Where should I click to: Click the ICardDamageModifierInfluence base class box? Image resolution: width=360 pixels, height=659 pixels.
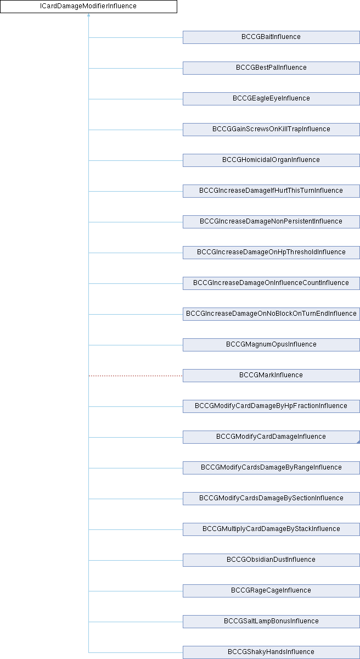pyautogui.click(x=88, y=7)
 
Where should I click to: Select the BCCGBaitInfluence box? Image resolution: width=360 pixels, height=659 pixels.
pyautogui.click(x=271, y=37)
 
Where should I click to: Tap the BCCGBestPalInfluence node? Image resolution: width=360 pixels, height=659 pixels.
pyautogui.click(x=271, y=68)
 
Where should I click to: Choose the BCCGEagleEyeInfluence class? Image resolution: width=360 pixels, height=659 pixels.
pyautogui.click(x=271, y=99)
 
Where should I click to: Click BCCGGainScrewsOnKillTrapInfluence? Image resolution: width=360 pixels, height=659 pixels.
pyautogui.click(x=271, y=130)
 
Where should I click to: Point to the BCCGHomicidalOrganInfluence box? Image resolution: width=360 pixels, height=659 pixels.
pyautogui.click(x=271, y=160)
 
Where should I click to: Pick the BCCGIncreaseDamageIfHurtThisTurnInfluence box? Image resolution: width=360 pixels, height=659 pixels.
pyautogui.click(x=271, y=191)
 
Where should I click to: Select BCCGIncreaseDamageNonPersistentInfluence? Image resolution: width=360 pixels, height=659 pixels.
pyautogui.click(x=271, y=222)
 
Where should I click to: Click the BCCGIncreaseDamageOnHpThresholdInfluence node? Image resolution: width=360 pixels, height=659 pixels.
pyautogui.click(x=271, y=253)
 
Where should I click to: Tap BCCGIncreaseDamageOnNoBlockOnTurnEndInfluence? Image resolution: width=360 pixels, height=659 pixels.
pyautogui.click(x=271, y=314)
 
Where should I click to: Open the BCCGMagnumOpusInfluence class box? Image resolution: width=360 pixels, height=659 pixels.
pyautogui.click(x=271, y=345)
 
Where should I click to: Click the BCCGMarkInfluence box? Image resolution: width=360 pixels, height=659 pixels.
pyautogui.click(x=271, y=376)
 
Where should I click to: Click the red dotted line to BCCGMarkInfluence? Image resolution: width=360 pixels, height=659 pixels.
pyautogui.click(x=136, y=376)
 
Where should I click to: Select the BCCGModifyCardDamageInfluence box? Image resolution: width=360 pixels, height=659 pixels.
pyautogui.click(x=271, y=437)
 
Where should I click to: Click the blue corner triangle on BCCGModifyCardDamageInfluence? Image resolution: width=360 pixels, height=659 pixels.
pyautogui.click(x=358, y=442)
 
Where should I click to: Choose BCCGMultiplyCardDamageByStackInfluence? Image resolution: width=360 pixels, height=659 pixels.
pyautogui.click(x=271, y=529)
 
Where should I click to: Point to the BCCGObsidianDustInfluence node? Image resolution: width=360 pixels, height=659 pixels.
pyautogui.click(x=271, y=560)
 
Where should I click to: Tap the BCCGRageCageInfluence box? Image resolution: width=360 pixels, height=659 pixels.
pyautogui.click(x=271, y=591)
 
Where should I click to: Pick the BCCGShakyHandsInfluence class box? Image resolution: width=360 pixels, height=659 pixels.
pyautogui.click(x=271, y=652)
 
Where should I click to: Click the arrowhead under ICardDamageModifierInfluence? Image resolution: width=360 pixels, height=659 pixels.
pyautogui.click(x=88, y=15)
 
